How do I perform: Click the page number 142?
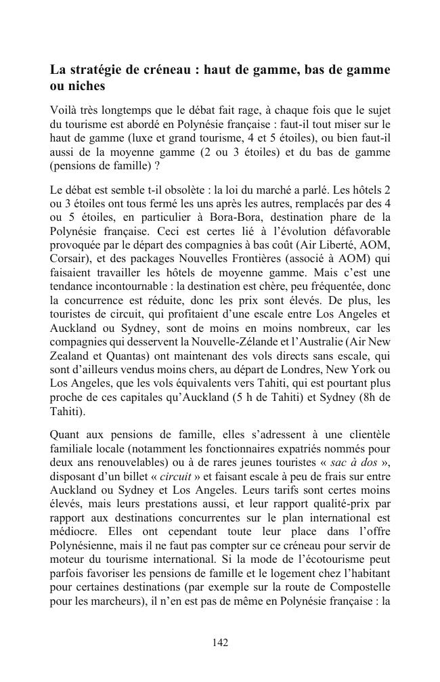pyautogui.click(x=220, y=643)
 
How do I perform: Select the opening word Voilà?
pyautogui.click(x=64, y=110)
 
